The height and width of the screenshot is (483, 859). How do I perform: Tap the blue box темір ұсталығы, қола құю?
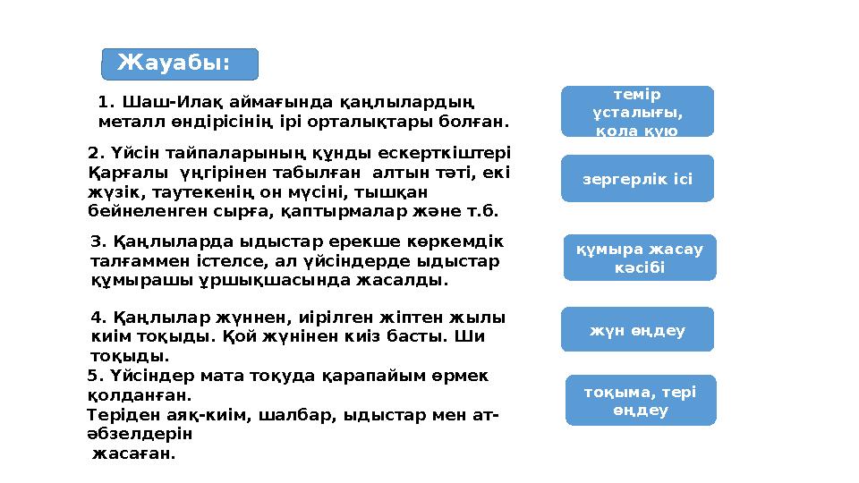(x=637, y=112)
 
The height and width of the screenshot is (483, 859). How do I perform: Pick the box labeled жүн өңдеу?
(x=637, y=330)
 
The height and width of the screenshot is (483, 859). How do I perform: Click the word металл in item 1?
(x=128, y=120)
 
